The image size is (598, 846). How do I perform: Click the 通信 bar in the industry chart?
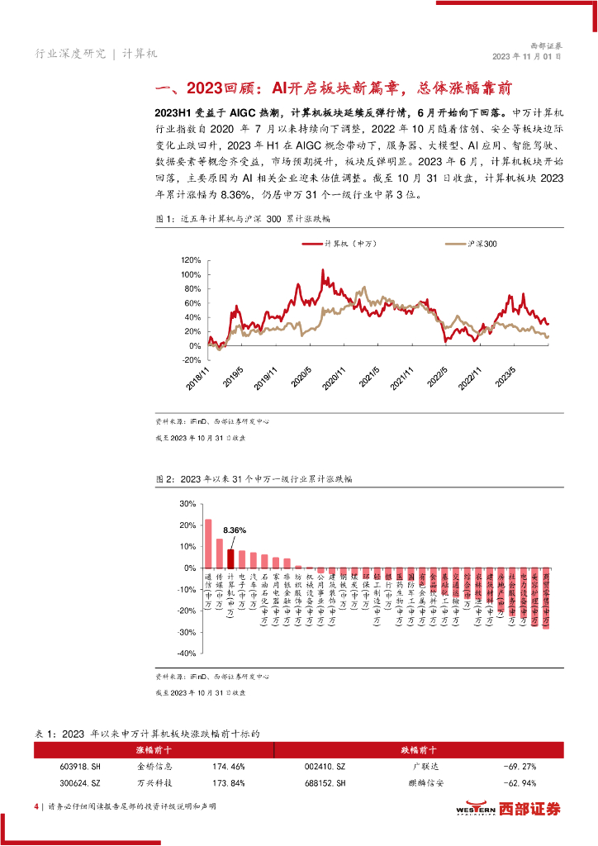pos(208,543)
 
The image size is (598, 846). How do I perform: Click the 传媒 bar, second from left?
pos(219,553)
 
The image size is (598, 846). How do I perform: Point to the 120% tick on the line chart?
pos(191,259)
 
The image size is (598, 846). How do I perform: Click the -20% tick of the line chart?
pos(191,360)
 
